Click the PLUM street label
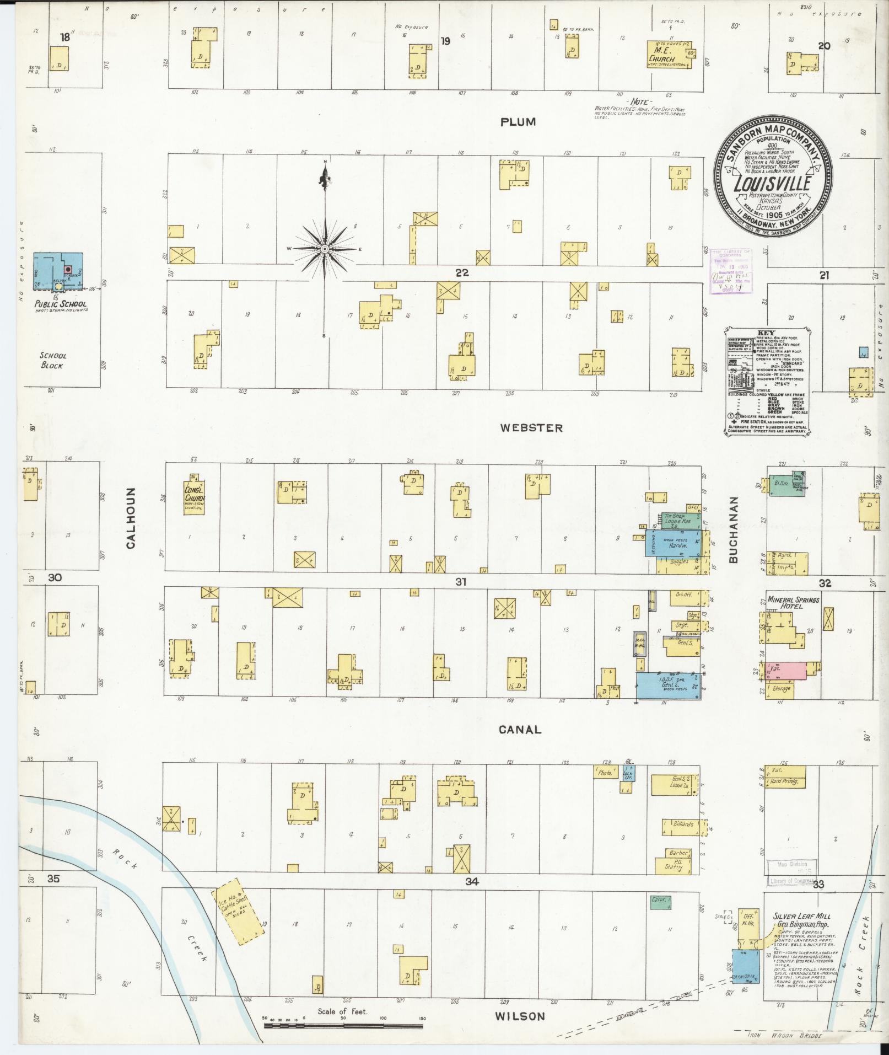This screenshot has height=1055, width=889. click(518, 122)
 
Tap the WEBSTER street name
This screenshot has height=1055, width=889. click(531, 427)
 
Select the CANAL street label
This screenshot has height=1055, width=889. click(520, 729)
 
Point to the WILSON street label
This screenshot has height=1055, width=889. click(519, 1016)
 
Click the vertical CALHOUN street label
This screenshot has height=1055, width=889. click(131, 517)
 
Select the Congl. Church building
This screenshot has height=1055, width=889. click(193, 495)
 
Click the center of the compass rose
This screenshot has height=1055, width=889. click(325, 249)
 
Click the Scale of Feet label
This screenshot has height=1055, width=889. click(342, 1012)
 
